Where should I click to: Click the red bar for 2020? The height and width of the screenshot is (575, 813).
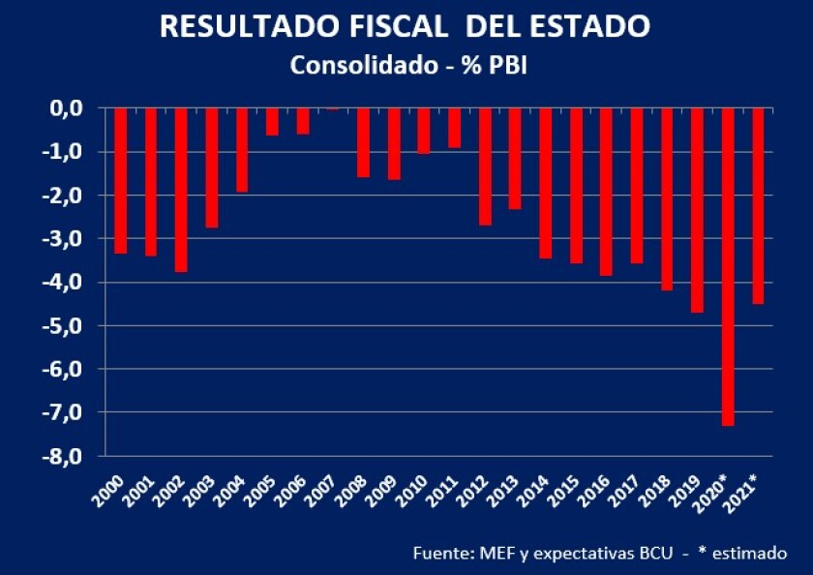point(728,266)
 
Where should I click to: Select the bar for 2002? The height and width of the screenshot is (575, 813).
point(181,190)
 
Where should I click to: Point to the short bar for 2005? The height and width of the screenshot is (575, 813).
point(272,121)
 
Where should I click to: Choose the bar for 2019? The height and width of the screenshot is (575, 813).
point(697,210)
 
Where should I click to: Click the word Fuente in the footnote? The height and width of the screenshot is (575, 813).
point(441,553)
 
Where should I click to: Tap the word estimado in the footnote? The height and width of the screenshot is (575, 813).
point(752,553)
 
